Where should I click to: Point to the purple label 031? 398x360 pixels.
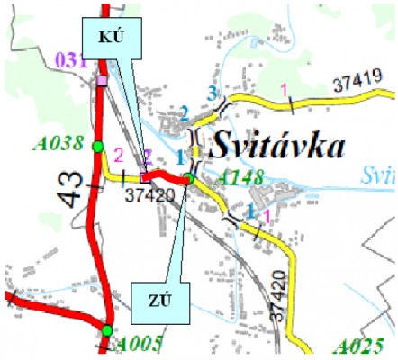69,60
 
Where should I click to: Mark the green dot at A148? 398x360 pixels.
187,179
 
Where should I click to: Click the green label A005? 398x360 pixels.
137,344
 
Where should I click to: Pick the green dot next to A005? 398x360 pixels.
107,331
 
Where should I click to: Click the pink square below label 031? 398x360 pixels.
102,82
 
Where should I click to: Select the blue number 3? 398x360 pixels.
213,92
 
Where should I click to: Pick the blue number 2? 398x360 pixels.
184,113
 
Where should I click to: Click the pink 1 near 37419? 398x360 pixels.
285,88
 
